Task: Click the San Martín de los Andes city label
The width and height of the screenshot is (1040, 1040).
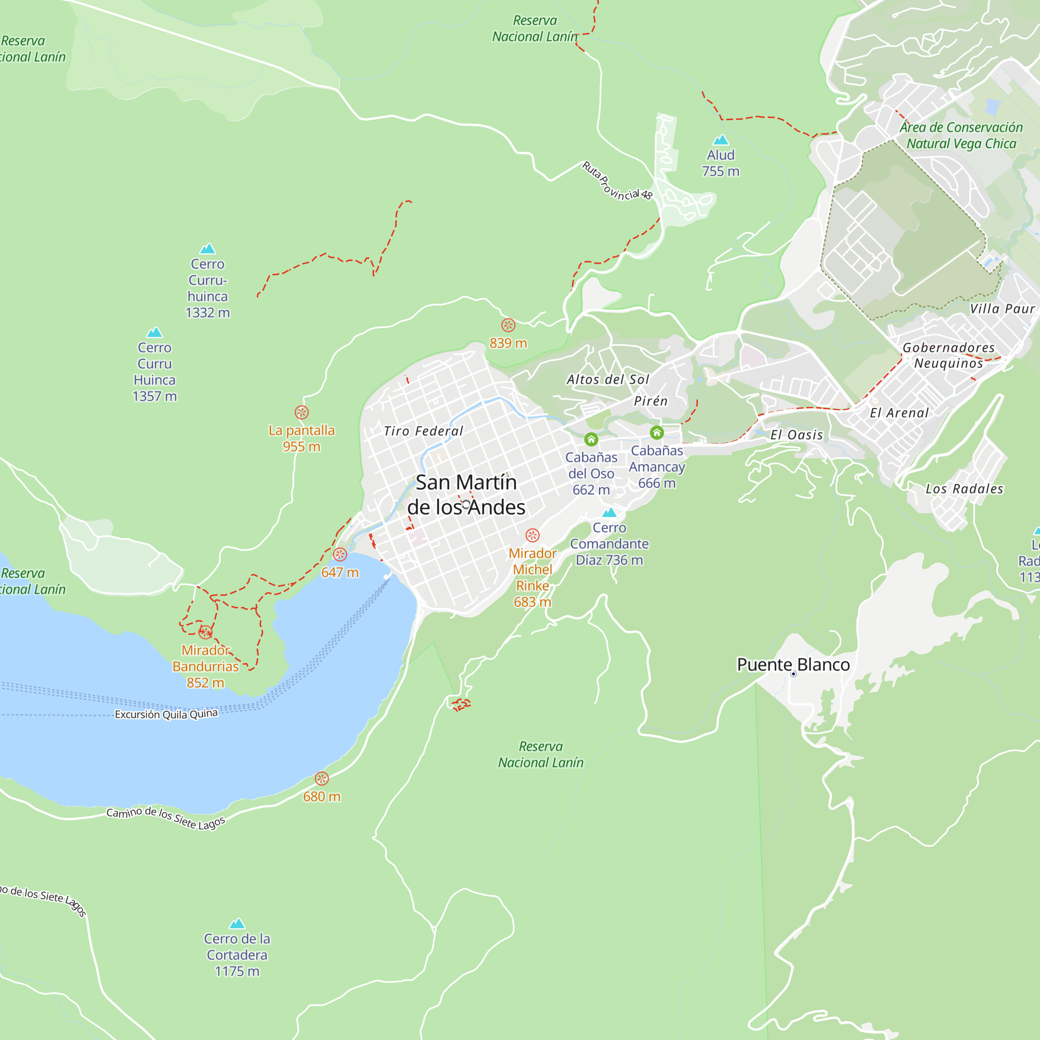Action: [x=466, y=495]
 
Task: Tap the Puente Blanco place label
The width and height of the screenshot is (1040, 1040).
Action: [x=793, y=665]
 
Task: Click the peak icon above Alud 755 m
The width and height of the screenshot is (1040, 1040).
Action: [x=720, y=140]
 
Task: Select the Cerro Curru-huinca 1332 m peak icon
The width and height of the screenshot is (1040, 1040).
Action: [x=207, y=249]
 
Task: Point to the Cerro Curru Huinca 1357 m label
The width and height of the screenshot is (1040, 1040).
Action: [x=154, y=371]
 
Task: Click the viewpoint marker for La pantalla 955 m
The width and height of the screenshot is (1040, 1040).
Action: [x=302, y=412]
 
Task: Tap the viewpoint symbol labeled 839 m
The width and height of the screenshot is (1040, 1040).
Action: [x=508, y=325]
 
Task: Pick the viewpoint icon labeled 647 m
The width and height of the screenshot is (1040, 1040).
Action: [x=340, y=554]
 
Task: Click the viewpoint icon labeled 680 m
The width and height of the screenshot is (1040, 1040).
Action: [x=321, y=778]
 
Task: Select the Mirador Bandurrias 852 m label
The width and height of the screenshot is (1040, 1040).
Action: [x=205, y=667]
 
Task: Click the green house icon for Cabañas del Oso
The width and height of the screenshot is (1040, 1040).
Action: [x=591, y=440]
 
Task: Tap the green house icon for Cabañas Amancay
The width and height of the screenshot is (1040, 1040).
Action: [x=657, y=433]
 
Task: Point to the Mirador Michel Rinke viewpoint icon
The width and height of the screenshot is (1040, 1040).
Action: [x=532, y=535]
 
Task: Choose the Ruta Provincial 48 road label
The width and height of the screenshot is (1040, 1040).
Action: [x=617, y=181]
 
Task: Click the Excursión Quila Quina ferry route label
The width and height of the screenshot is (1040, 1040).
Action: [x=166, y=714]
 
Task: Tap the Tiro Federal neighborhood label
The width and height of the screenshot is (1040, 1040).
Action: [x=423, y=431]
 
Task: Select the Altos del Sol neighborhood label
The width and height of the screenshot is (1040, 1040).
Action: [x=608, y=380]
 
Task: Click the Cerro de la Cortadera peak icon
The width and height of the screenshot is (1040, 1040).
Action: [x=237, y=924]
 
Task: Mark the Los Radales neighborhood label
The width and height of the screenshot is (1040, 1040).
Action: [x=964, y=489]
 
